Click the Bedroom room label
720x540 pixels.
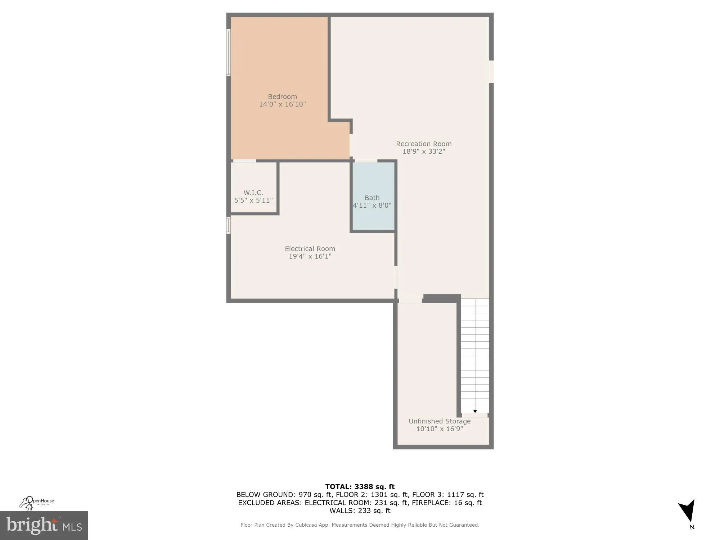tap(282, 96)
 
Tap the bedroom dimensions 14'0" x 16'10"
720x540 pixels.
tap(282, 104)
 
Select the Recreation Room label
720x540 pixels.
tap(424, 144)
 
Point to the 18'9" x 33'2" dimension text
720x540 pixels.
tap(424, 152)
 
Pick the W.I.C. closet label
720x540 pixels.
tap(253, 193)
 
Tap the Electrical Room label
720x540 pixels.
tap(310, 249)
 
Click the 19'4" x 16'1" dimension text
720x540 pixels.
tap(310, 256)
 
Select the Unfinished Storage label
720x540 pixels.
tap(440, 421)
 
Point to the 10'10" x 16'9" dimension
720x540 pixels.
tap(440, 429)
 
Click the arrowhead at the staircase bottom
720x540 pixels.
tap(475, 411)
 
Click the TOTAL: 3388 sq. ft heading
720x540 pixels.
tap(360, 487)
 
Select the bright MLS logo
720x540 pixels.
tap(44, 526)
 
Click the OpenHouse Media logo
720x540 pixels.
tap(37, 503)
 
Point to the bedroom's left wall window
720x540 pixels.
tap(228, 53)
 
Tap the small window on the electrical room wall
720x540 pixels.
tap(228, 225)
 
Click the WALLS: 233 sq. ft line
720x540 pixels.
tap(360, 510)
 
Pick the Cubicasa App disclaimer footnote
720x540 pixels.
tap(360, 525)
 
